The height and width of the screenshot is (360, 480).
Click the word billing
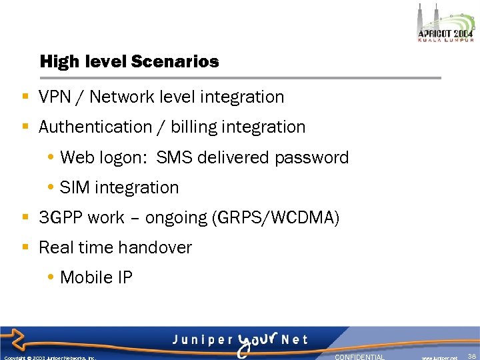(194, 127)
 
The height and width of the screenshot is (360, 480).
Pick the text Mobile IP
(96, 278)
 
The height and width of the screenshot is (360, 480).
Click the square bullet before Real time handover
(25, 248)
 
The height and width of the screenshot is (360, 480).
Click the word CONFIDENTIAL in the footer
(359, 357)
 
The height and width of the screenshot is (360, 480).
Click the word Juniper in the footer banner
(199, 339)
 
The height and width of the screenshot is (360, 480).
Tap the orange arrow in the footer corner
(15, 341)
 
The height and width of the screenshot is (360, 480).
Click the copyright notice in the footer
(50, 357)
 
